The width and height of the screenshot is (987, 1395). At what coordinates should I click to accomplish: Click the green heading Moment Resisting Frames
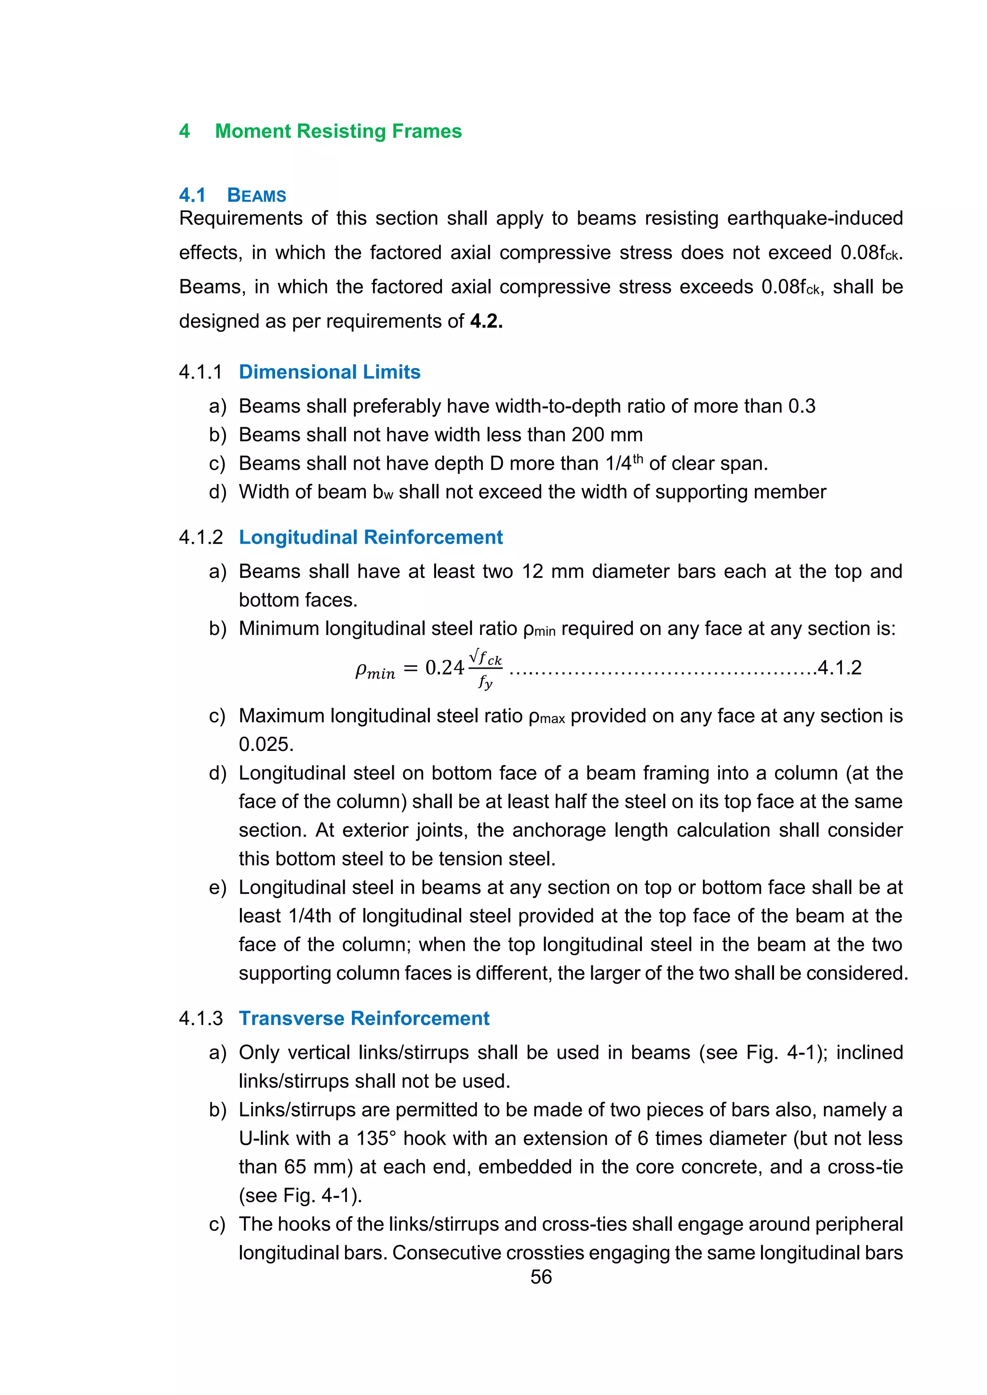coord(338,131)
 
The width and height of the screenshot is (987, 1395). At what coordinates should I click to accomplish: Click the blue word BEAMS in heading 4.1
coord(256,196)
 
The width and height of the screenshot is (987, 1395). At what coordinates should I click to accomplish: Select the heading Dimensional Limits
coord(330,372)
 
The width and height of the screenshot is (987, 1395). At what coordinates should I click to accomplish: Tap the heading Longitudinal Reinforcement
coord(371,537)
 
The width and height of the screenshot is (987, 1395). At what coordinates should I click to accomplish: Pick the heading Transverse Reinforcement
coord(364,1018)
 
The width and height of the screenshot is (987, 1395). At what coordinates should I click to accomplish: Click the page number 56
coord(541,1277)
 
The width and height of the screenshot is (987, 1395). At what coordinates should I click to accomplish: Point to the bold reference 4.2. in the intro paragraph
coord(486,321)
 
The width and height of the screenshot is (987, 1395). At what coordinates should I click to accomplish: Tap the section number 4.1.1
coord(200,372)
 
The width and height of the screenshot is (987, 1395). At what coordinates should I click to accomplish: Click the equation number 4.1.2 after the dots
coord(840,668)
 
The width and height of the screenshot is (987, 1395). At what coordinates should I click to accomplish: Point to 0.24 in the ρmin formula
coord(444,668)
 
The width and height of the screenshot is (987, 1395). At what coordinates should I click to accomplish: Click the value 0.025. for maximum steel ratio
coord(266,744)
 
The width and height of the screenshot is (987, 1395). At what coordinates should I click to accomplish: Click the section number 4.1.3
coord(200,1018)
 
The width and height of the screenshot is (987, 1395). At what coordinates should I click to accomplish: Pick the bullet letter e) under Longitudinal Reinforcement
coord(217,888)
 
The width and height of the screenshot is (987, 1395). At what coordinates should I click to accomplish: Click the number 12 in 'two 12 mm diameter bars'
coord(533,572)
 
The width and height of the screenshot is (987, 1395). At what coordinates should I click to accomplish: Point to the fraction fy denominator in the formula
coord(485,682)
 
